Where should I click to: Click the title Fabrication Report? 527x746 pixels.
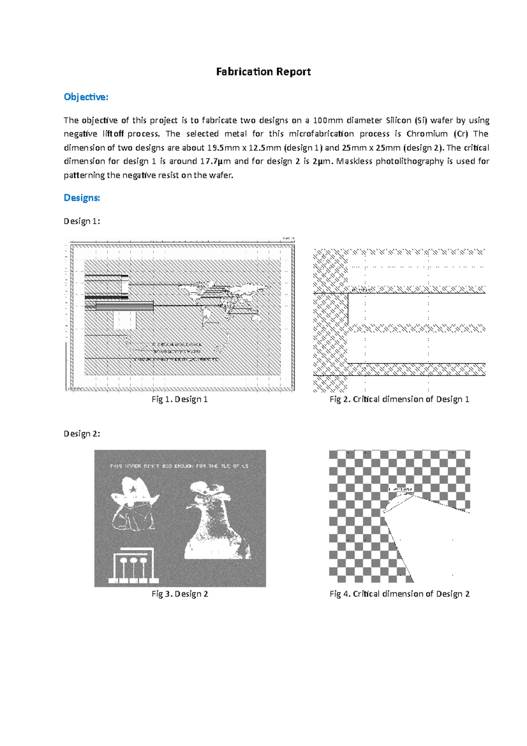tap(263, 72)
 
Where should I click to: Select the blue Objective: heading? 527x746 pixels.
tap(86, 97)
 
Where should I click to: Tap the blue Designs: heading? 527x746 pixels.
tap(82, 198)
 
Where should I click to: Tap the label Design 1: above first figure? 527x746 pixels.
tap(82, 221)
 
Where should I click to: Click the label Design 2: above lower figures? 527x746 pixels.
tap(82, 434)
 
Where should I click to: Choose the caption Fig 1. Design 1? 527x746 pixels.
tap(180, 399)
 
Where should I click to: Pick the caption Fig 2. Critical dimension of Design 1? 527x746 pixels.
tap(399, 399)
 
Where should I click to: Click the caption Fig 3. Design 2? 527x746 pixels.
tap(180, 594)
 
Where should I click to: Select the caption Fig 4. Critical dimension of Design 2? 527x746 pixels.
tap(399, 594)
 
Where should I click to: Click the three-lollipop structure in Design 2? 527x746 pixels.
tap(132, 566)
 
